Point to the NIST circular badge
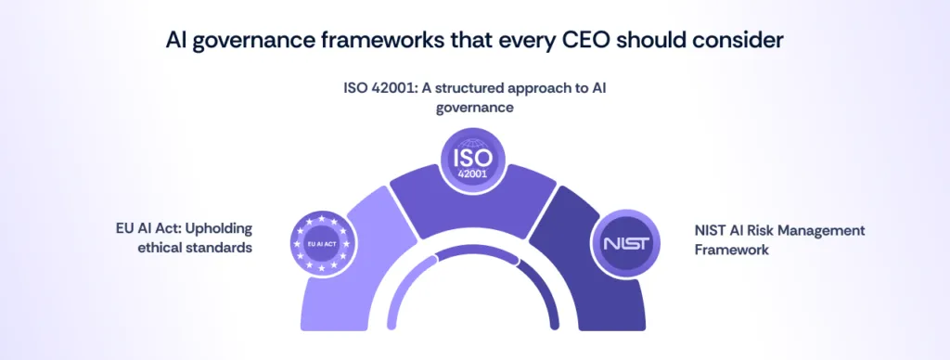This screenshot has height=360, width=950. pos(624,244)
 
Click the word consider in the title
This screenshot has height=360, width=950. pos(746,41)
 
